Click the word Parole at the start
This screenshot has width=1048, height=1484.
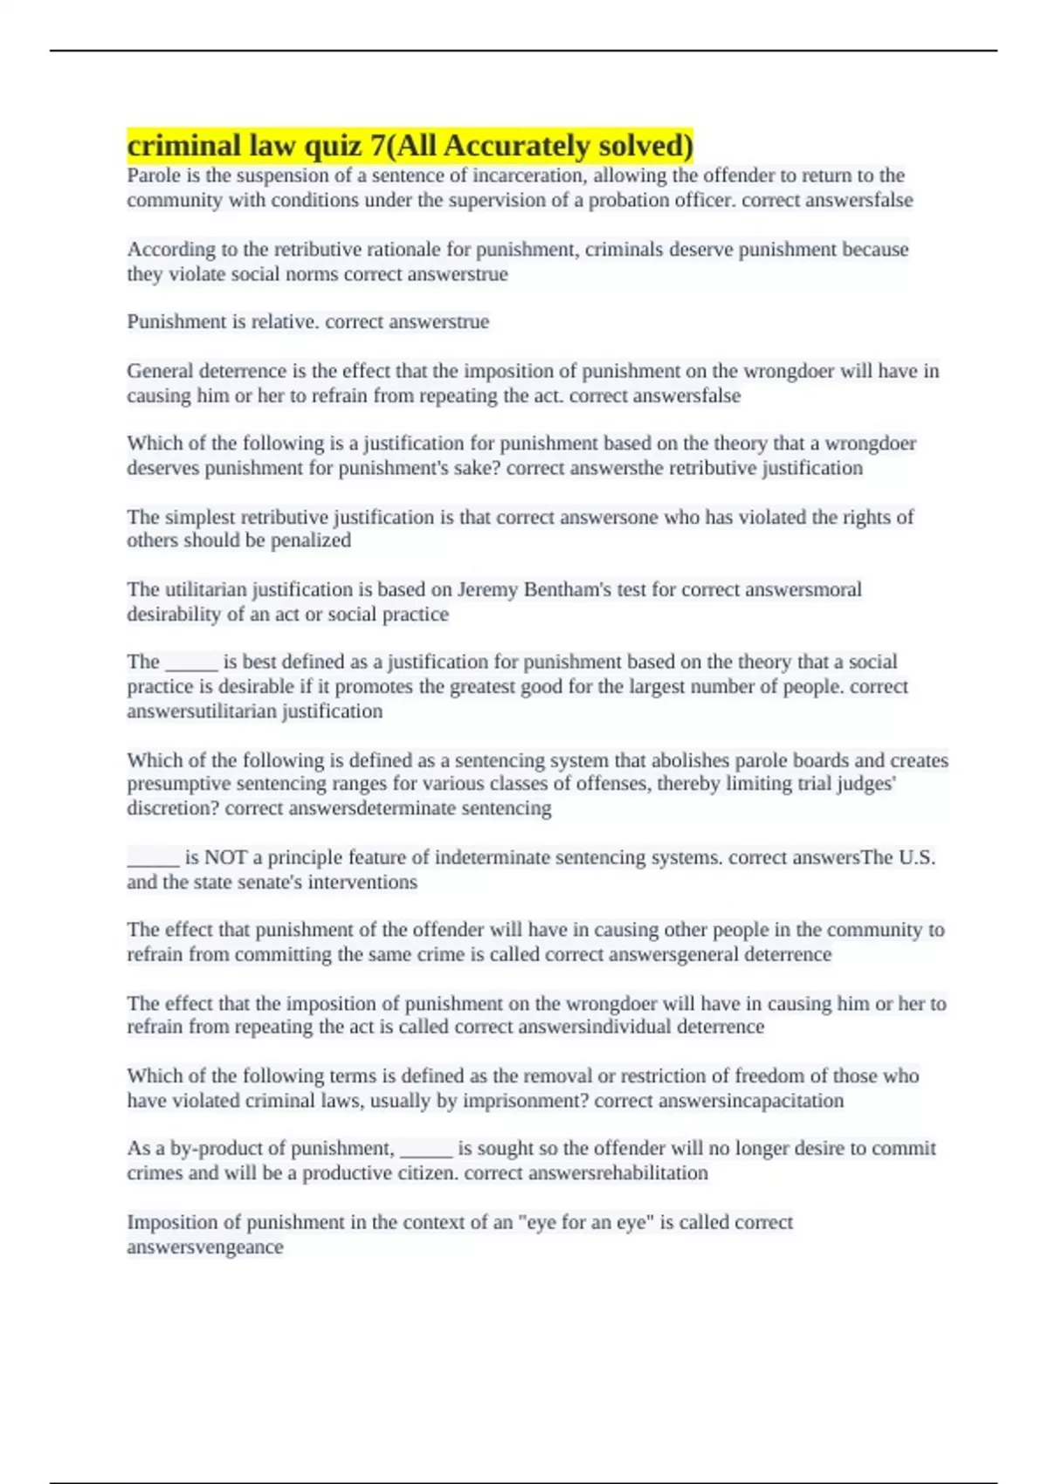153,175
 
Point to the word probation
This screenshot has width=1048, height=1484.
626,201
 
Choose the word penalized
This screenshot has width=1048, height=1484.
310,540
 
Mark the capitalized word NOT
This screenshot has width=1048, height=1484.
225,857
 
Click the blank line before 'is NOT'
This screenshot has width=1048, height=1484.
153,861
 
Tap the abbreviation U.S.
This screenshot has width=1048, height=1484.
916,857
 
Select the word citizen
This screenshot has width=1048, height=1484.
424,1173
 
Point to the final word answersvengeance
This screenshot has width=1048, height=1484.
205,1247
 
